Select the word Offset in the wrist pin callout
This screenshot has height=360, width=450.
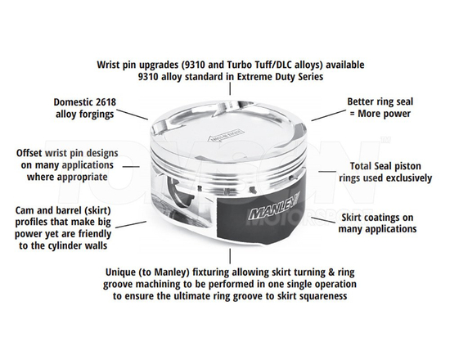pos(31,153)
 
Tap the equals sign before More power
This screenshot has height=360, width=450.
pos(350,114)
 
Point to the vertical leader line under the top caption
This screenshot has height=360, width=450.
pos(224,92)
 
